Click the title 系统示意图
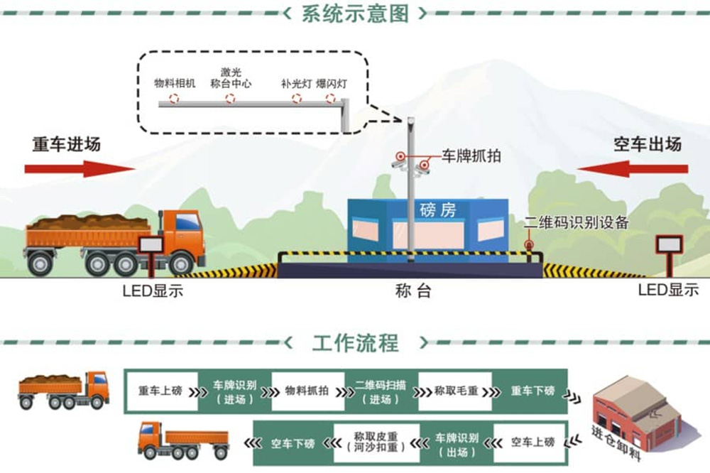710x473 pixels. tap(355, 13)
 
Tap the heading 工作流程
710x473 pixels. tap(355, 343)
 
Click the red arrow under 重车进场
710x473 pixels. tap(79, 168)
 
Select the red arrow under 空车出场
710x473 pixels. tap(632, 169)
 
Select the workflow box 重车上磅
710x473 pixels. tap(160, 391)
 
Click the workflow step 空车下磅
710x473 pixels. tap(293, 442)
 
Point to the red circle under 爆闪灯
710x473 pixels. tap(330, 98)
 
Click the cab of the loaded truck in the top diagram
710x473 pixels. tap(184, 234)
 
